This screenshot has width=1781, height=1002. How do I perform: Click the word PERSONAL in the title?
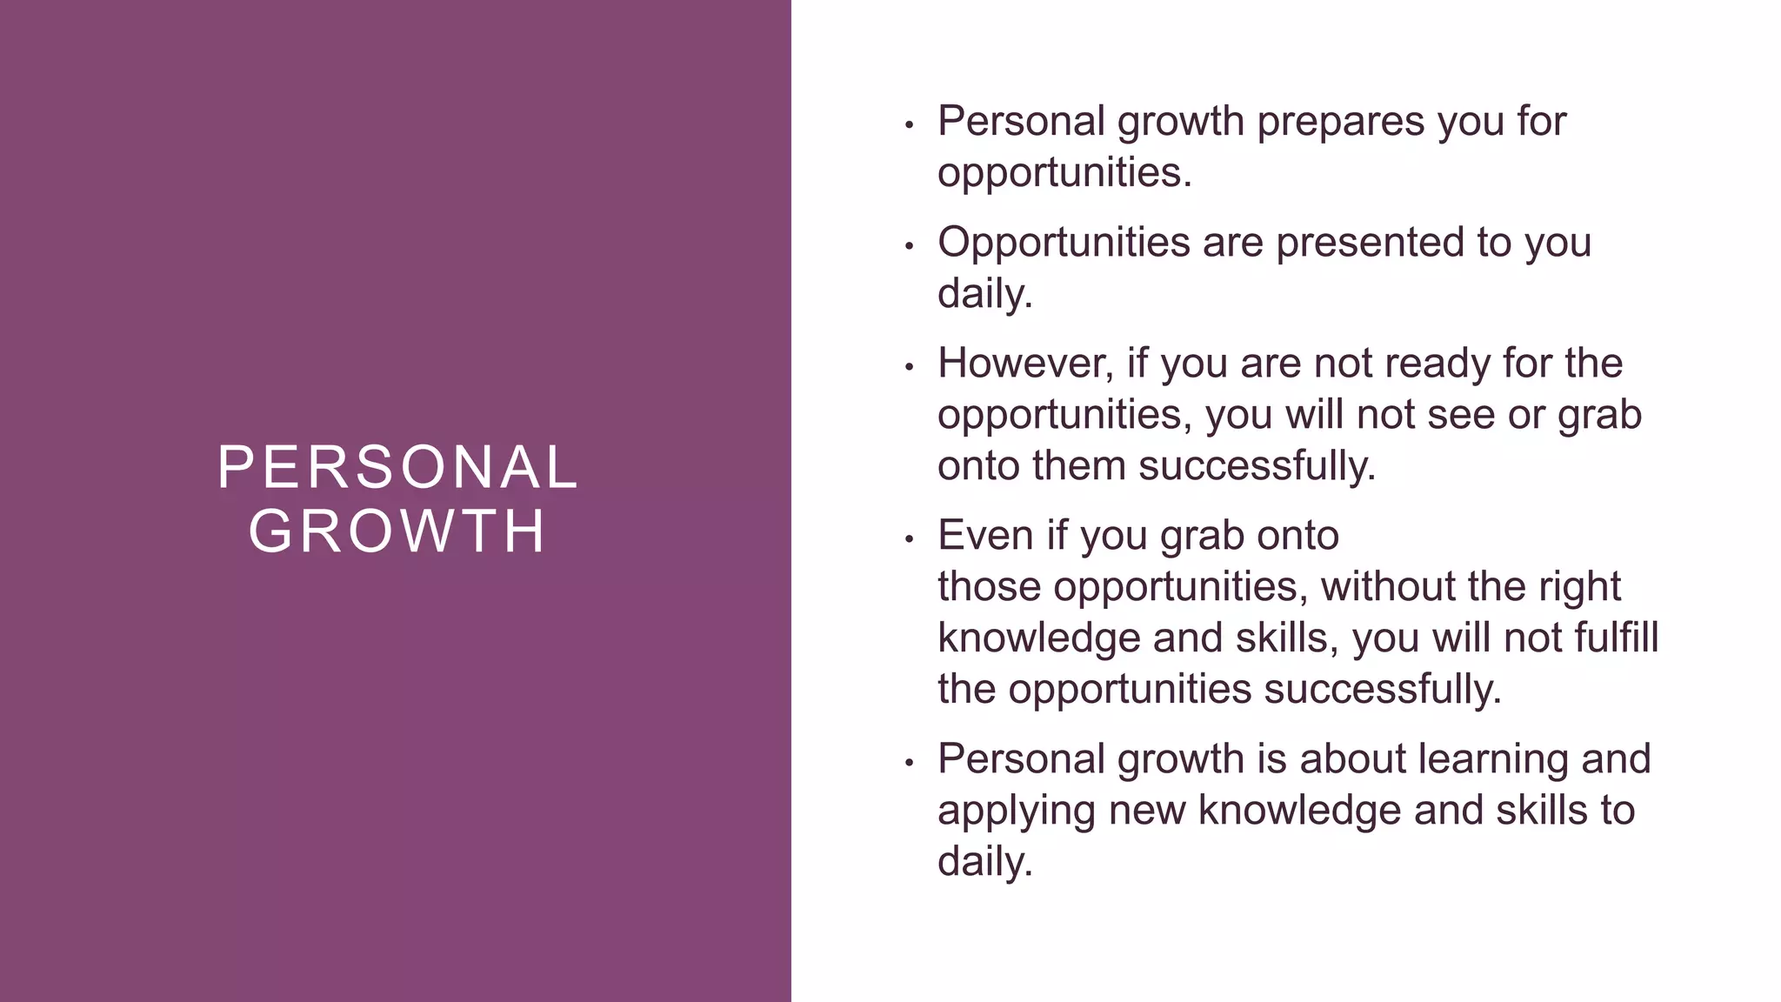397,468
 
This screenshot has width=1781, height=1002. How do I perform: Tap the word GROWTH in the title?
397,531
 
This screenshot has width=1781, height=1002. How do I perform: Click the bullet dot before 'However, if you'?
909,367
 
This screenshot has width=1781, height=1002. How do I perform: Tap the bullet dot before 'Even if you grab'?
909,539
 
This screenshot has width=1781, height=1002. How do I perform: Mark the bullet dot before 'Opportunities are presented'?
909,246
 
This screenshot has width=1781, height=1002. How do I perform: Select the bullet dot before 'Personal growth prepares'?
909,125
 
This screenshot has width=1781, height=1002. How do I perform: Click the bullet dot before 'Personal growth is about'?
909,763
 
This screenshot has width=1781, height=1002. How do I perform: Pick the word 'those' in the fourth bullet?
989,586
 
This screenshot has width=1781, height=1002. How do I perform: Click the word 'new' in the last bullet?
1147,811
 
